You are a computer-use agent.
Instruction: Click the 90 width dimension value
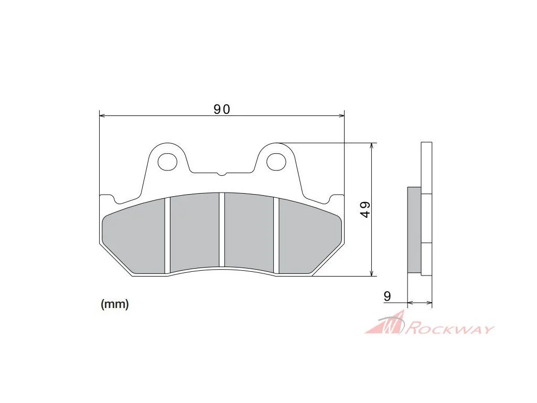[x=222, y=109]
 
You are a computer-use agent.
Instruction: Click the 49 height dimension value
[x=366, y=209]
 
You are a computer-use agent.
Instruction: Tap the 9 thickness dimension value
[x=387, y=296]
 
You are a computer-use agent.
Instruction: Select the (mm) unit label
[x=115, y=304]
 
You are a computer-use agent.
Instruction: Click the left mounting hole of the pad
[x=167, y=162]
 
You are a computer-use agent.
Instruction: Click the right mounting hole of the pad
[x=276, y=162]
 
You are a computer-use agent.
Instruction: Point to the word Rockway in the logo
[x=450, y=328]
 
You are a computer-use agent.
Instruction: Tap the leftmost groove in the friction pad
[x=167, y=236]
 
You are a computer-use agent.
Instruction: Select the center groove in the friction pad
[x=222, y=230]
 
